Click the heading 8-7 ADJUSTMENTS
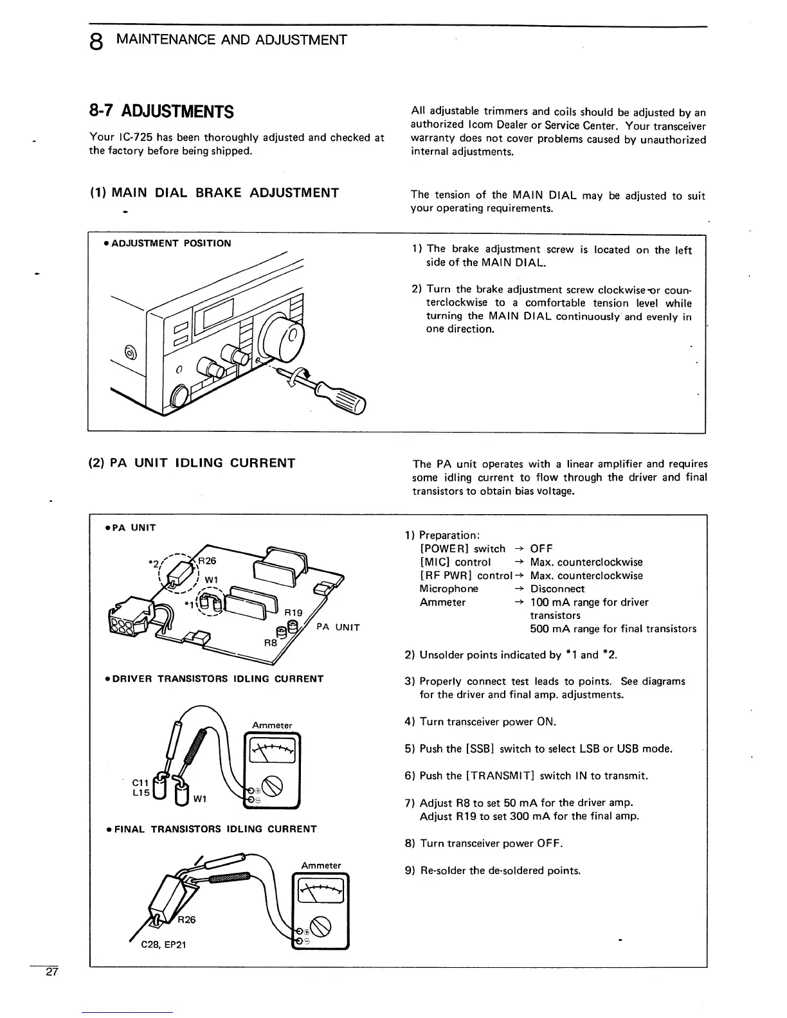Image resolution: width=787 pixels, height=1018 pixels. [161, 112]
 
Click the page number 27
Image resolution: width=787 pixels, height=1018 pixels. [51, 972]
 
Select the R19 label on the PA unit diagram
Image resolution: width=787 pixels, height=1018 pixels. [293, 612]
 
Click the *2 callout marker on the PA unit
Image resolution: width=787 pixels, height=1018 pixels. [152, 564]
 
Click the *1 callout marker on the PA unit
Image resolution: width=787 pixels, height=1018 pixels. [188, 604]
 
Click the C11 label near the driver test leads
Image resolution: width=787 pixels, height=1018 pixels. [140, 782]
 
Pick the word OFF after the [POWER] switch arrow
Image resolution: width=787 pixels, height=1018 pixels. [541, 548]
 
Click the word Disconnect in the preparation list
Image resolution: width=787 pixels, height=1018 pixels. [557, 589]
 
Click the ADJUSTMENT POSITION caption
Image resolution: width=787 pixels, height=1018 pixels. [170, 243]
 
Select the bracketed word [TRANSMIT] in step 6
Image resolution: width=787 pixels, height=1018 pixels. [500, 776]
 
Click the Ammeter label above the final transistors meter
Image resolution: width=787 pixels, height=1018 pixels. [321, 865]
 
